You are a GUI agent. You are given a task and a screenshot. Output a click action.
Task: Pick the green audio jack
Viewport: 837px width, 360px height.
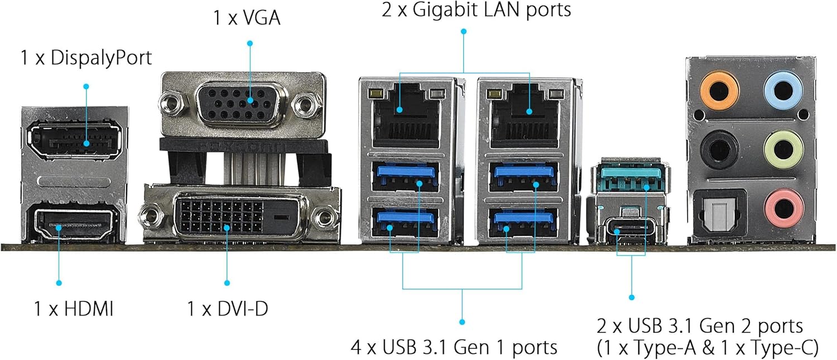(783, 148)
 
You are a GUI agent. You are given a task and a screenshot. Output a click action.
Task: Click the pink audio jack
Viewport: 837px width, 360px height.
(783, 207)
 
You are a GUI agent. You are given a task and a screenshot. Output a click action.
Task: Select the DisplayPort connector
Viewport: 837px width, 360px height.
(74, 140)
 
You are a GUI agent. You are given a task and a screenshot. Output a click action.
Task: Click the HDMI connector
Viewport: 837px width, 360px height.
(74, 227)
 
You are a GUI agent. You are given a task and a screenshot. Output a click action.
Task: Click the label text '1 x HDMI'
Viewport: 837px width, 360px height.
(74, 309)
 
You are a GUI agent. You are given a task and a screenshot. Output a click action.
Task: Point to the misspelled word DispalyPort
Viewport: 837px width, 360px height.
(101, 57)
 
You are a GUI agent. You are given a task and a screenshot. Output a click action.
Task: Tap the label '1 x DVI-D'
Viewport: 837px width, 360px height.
(227, 309)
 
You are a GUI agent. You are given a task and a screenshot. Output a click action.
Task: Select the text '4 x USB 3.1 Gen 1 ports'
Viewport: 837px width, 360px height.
(454, 347)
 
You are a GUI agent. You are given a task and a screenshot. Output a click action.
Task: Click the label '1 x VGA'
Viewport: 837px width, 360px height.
(247, 18)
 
